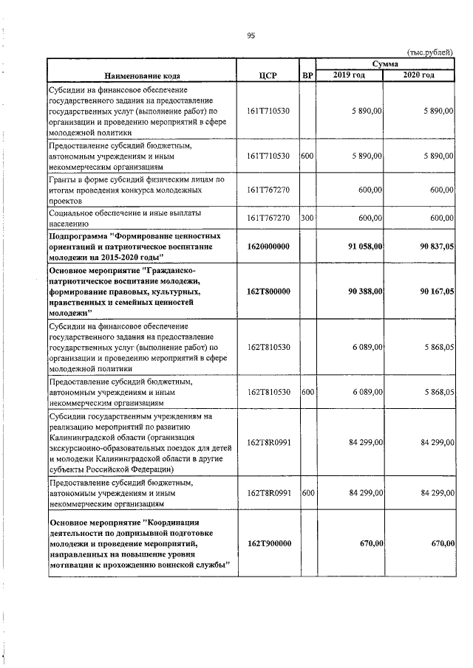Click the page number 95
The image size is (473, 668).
(251, 34)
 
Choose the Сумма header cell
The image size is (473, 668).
(386, 65)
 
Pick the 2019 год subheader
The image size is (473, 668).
(349, 75)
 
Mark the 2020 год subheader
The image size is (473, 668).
(419, 75)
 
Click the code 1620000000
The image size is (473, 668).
(269, 246)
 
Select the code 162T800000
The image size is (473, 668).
(269, 292)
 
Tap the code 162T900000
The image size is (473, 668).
(269, 543)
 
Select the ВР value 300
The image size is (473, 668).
(307, 218)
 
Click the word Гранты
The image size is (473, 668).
(64, 179)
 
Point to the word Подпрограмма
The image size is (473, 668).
(78, 235)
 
